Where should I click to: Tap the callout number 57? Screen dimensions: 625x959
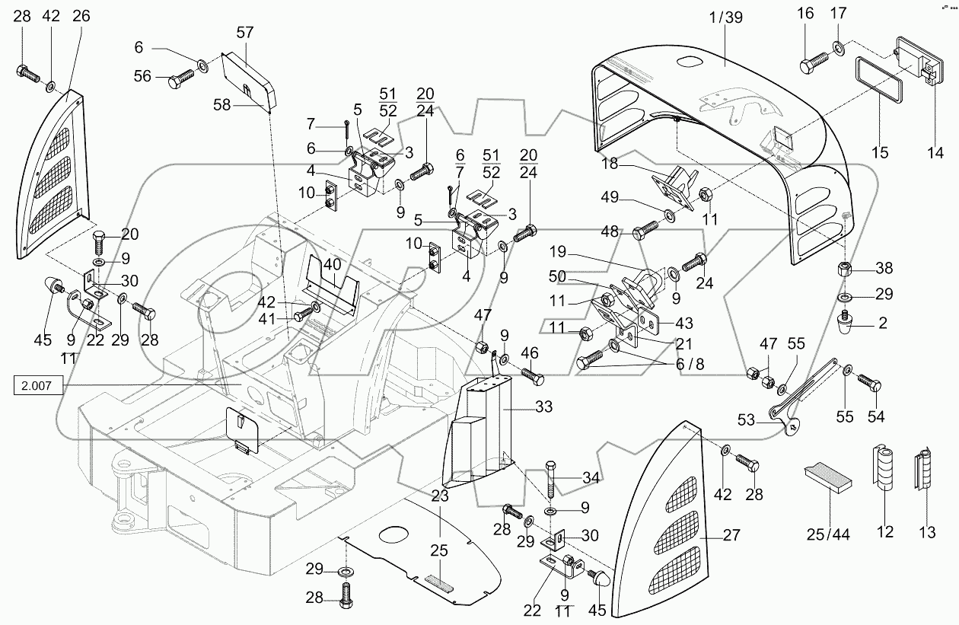[244, 32]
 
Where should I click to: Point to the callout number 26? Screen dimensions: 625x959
[81, 17]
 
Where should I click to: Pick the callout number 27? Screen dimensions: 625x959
[731, 536]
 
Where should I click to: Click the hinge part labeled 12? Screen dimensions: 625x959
[884, 471]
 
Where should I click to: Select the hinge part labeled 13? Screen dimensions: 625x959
[926, 472]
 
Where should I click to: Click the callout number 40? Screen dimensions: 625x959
[331, 263]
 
